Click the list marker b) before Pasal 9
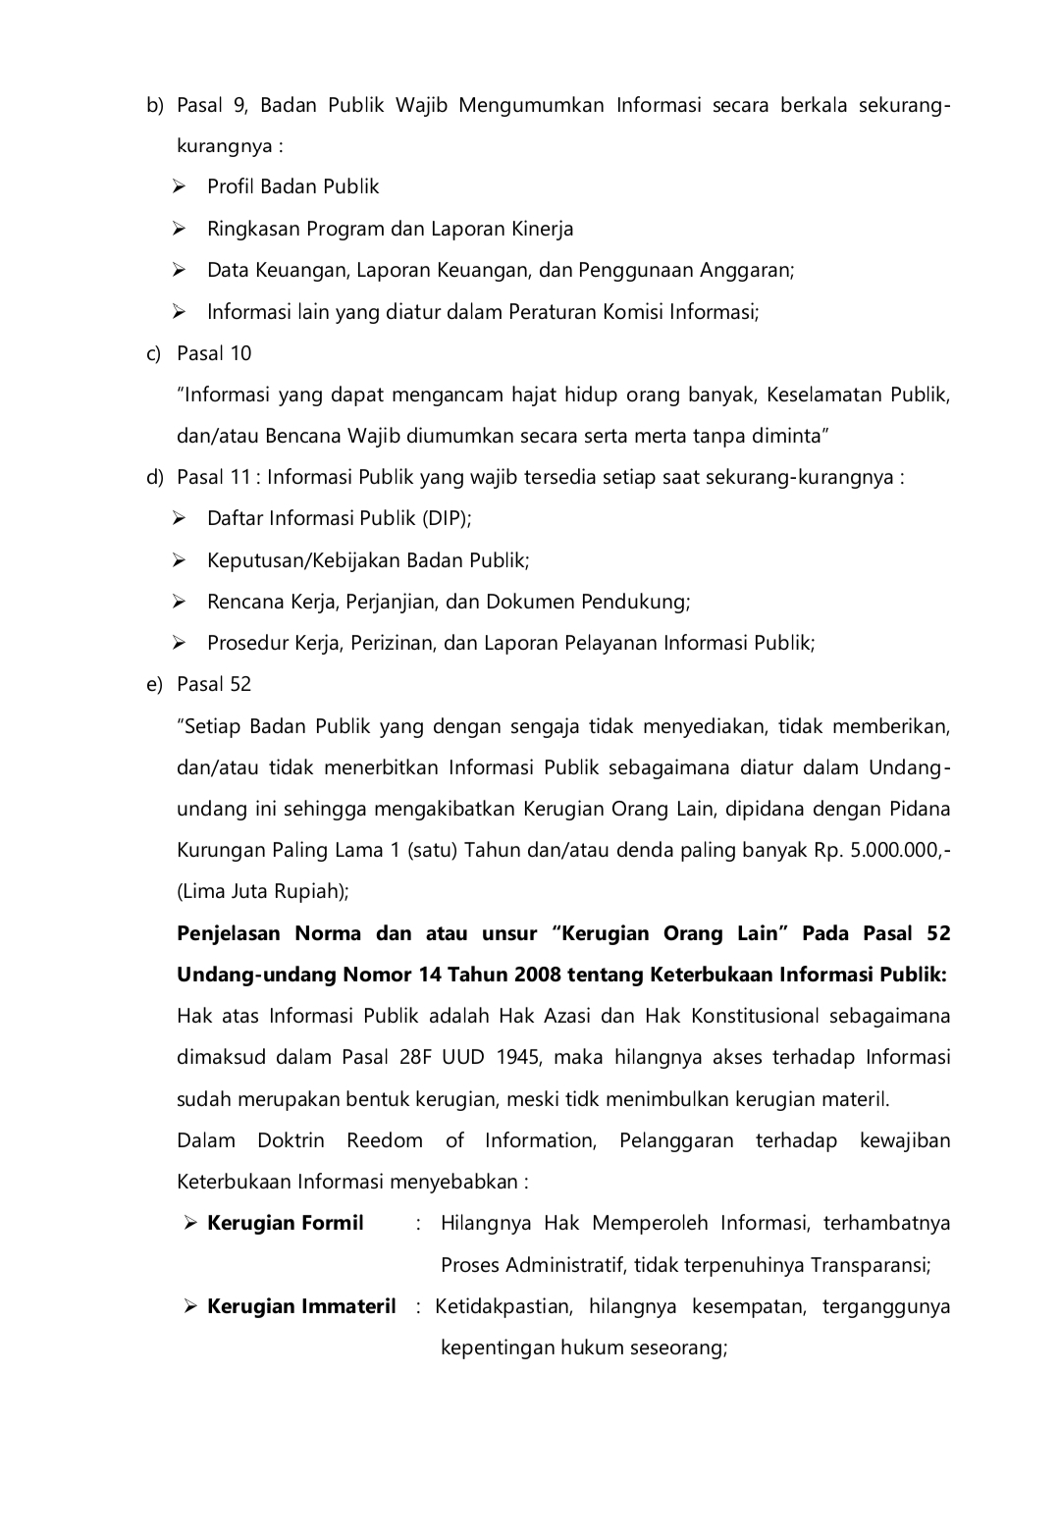pos(154,105)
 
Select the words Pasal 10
pos(214,353)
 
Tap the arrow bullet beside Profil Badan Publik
pos(180,186)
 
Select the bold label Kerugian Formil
pos(285,1223)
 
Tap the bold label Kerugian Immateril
pos(301,1306)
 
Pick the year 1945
pos(519,1057)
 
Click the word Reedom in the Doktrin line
pos(384,1140)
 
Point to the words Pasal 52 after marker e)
pos(214,684)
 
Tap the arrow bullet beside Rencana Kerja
pos(180,602)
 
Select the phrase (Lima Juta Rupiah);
pos(263,891)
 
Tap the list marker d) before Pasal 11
pos(154,478)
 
